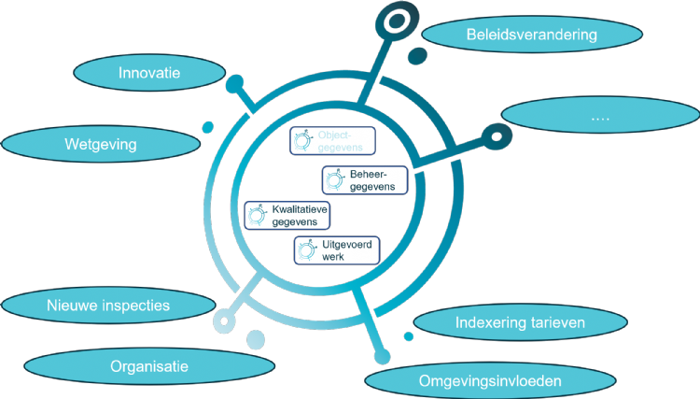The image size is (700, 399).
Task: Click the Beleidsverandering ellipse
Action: pos(532,36)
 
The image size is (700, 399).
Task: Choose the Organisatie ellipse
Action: pos(149,366)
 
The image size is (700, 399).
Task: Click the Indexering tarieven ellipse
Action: pos(520,323)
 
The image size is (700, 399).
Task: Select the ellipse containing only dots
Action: pos(600,117)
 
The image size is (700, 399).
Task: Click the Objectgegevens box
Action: pos(332,141)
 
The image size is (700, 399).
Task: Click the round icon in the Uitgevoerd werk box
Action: pos(306,250)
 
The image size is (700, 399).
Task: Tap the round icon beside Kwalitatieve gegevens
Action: pos(257,216)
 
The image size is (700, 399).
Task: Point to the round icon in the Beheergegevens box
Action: pos(334,180)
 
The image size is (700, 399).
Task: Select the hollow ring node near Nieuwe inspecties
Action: pos(223,322)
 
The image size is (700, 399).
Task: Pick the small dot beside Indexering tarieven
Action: pos(408,336)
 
